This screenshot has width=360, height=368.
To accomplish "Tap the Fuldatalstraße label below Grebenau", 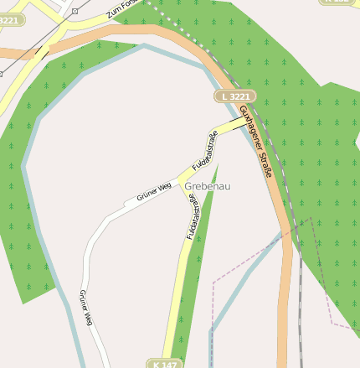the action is [x=191, y=217].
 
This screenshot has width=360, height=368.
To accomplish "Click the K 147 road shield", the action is [x=165, y=364].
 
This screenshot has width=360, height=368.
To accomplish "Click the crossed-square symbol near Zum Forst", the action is [x=75, y=11].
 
